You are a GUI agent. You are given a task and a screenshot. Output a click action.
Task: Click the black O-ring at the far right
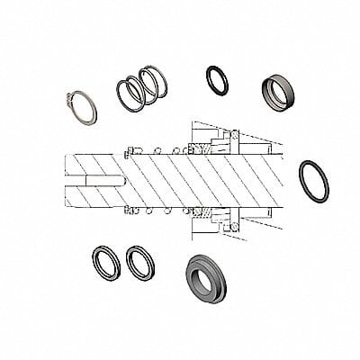click(x=312, y=180)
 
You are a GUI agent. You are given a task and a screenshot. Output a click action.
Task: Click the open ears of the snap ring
click(x=70, y=97)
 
